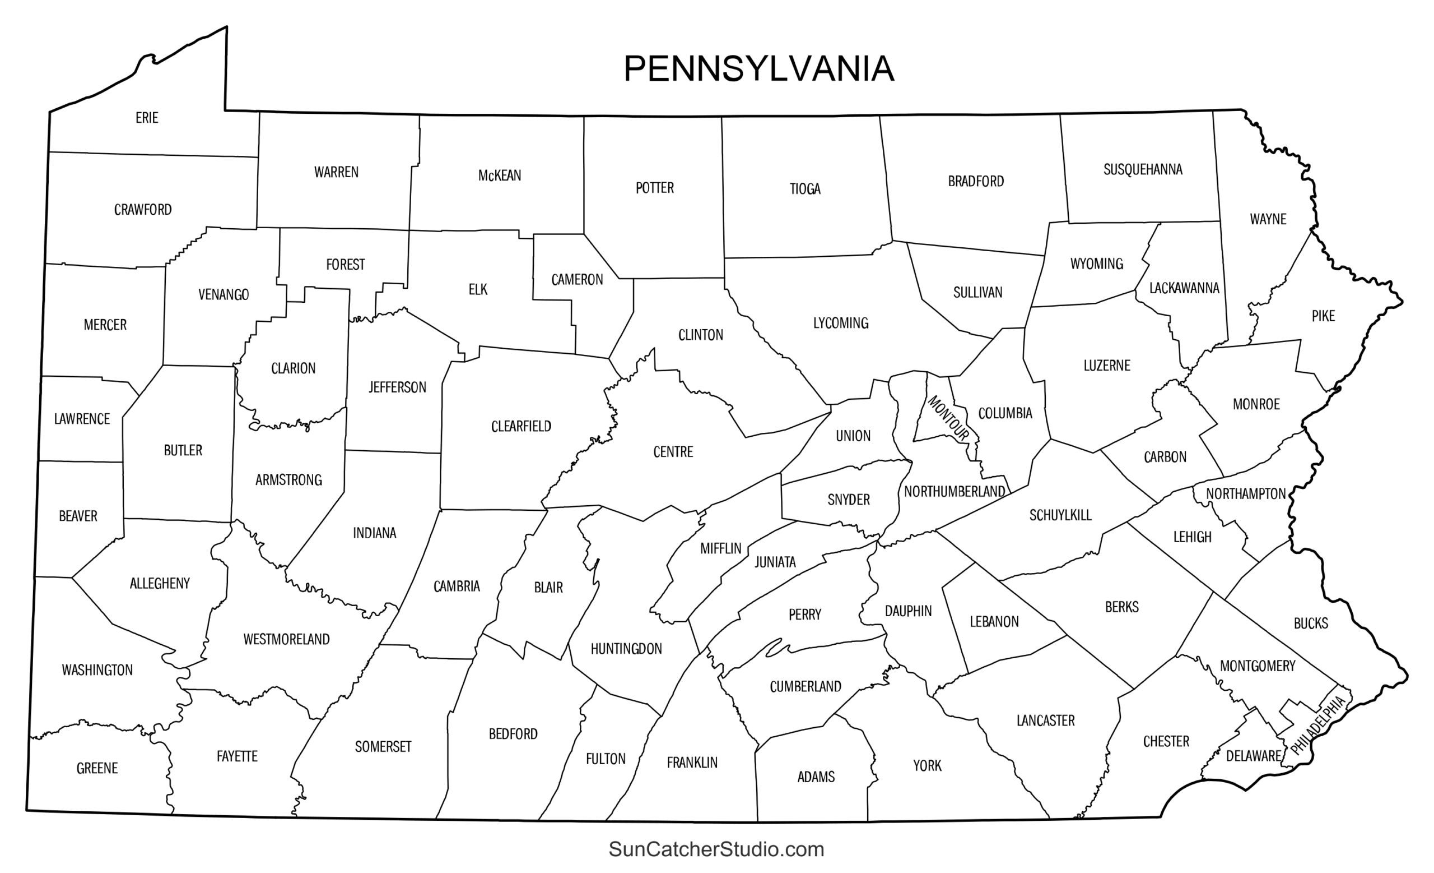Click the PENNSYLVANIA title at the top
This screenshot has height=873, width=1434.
[758, 70]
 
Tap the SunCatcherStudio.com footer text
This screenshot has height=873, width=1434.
[716, 849]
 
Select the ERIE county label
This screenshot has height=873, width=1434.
[147, 118]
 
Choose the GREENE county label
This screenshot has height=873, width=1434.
[97, 769]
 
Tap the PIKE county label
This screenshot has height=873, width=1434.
[1323, 316]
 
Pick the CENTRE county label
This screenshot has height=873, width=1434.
[673, 452]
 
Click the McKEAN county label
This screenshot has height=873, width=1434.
[499, 176]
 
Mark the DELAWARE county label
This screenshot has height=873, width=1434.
[1254, 756]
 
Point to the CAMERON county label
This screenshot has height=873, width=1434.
[578, 280]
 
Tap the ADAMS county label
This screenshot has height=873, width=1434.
[816, 777]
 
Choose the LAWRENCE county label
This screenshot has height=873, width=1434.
[82, 419]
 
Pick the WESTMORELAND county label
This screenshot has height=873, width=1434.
[286, 639]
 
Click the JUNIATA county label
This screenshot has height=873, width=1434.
[775, 562]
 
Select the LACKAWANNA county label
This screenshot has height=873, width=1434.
[1184, 288]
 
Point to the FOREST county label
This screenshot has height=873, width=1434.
[345, 265]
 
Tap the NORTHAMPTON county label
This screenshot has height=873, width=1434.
[1245, 495]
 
